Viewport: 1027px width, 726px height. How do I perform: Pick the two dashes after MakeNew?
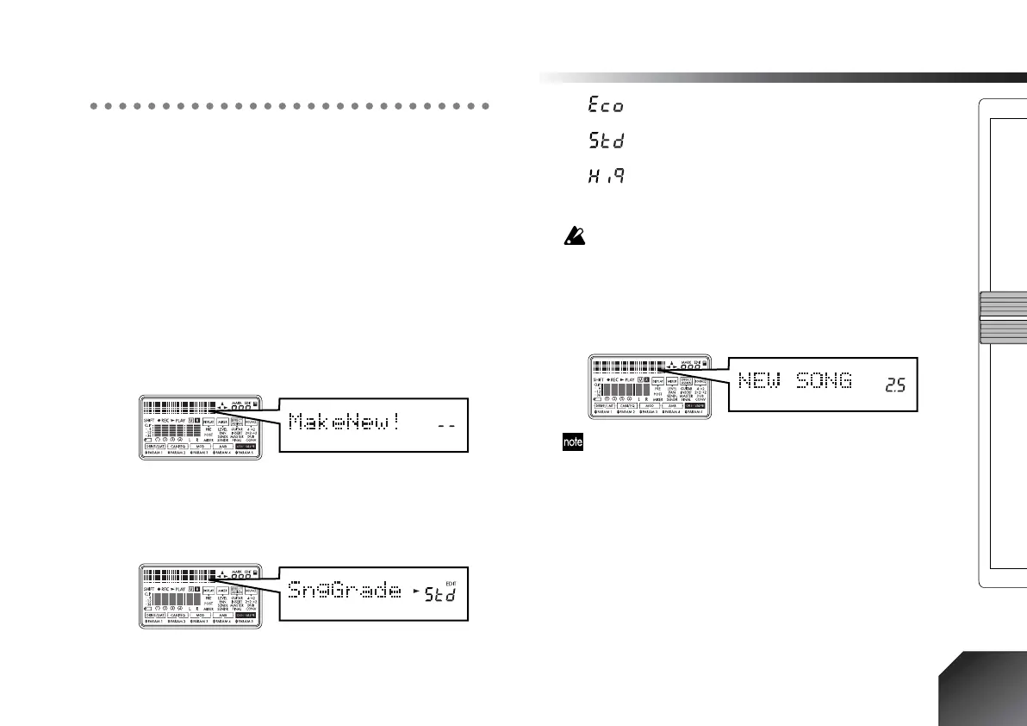(x=443, y=427)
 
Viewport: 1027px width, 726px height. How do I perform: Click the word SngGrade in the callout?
(x=345, y=591)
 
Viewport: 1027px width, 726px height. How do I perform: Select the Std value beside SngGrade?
(x=441, y=592)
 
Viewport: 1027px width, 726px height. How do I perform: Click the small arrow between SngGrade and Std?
(x=416, y=592)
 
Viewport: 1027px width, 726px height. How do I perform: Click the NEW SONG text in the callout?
(x=795, y=380)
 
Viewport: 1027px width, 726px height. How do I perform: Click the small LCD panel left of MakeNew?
(x=201, y=431)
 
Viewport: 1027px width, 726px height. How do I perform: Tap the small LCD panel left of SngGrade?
(x=201, y=599)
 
